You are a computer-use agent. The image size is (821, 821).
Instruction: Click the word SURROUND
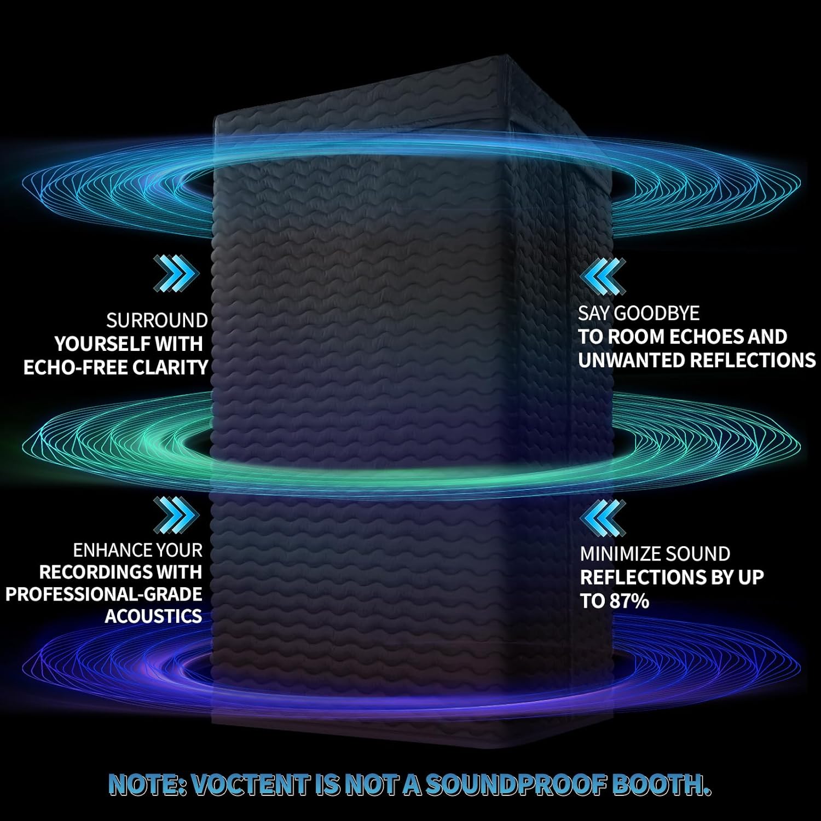coord(157,320)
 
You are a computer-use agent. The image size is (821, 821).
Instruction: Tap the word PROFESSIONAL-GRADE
coord(104,594)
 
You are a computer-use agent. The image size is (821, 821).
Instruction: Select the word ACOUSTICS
coord(153,616)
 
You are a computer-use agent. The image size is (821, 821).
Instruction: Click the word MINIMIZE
coord(617,554)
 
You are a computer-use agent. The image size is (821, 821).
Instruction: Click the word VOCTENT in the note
coord(252,785)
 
